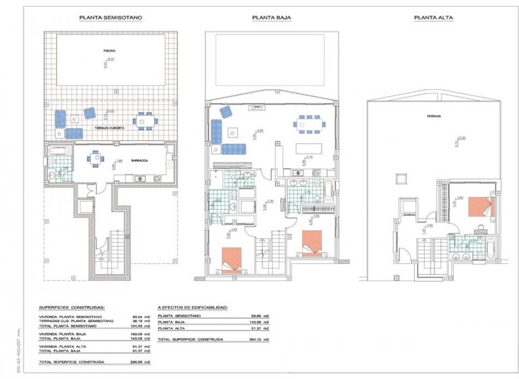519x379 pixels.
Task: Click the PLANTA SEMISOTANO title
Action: (x=110, y=19)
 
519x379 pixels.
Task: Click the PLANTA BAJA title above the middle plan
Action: (x=271, y=19)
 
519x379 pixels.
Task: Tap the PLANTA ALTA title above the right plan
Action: (x=432, y=19)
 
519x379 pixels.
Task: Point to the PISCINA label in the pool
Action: (x=109, y=51)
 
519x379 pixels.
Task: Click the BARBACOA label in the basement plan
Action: (x=140, y=160)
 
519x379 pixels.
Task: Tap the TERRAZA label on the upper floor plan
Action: (x=433, y=116)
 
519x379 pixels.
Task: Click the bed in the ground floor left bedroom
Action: (x=230, y=260)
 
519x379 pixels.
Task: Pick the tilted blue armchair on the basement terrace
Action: (x=90, y=113)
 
